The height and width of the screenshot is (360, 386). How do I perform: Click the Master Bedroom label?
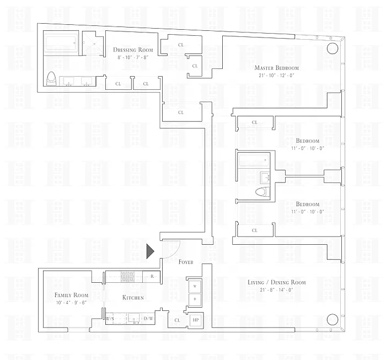[276, 68]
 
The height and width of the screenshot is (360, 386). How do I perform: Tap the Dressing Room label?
[133, 50]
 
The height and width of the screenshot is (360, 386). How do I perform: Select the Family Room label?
[71, 295]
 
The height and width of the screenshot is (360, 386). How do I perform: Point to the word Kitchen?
[133, 298]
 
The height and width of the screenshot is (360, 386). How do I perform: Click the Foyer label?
[186, 262]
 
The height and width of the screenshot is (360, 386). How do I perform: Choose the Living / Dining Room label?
[276, 282]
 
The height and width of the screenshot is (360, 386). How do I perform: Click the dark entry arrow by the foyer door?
[150, 251]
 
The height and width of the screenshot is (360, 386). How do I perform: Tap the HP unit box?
[196, 320]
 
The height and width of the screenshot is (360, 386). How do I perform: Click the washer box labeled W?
[195, 286]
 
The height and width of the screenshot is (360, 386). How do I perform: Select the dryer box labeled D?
[195, 299]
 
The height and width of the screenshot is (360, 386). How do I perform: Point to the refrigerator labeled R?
[152, 277]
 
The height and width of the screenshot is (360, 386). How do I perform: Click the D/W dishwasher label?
[148, 319]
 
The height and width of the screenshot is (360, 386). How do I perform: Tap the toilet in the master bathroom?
[51, 79]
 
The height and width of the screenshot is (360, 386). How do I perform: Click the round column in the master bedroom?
[333, 48]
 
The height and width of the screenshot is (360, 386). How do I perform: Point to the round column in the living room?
[333, 319]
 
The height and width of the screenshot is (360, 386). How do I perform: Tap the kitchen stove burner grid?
[127, 277]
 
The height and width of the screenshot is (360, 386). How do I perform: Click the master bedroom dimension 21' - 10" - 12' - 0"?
[276, 76]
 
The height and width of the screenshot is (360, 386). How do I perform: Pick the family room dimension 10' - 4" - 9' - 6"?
[71, 303]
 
